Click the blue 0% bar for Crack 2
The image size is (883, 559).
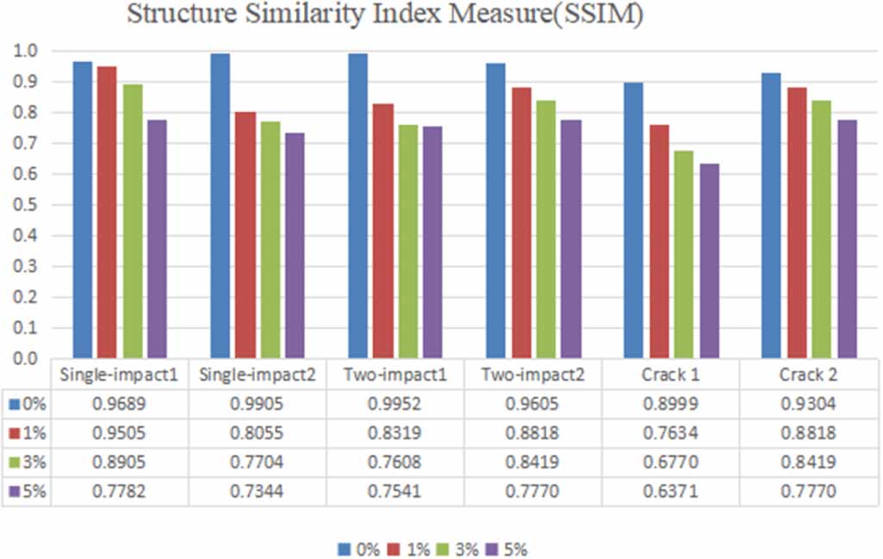pyautogui.click(x=771, y=215)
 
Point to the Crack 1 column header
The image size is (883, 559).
pyautogui.click(x=670, y=376)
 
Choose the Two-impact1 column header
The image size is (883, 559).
pyautogui.click(x=395, y=376)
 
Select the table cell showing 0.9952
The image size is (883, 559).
pyautogui.click(x=395, y=403)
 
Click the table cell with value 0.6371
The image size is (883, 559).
pyautogui.click(x=670, y=493)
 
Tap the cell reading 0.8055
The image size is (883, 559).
pyautogui.click(x=258, y=433)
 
